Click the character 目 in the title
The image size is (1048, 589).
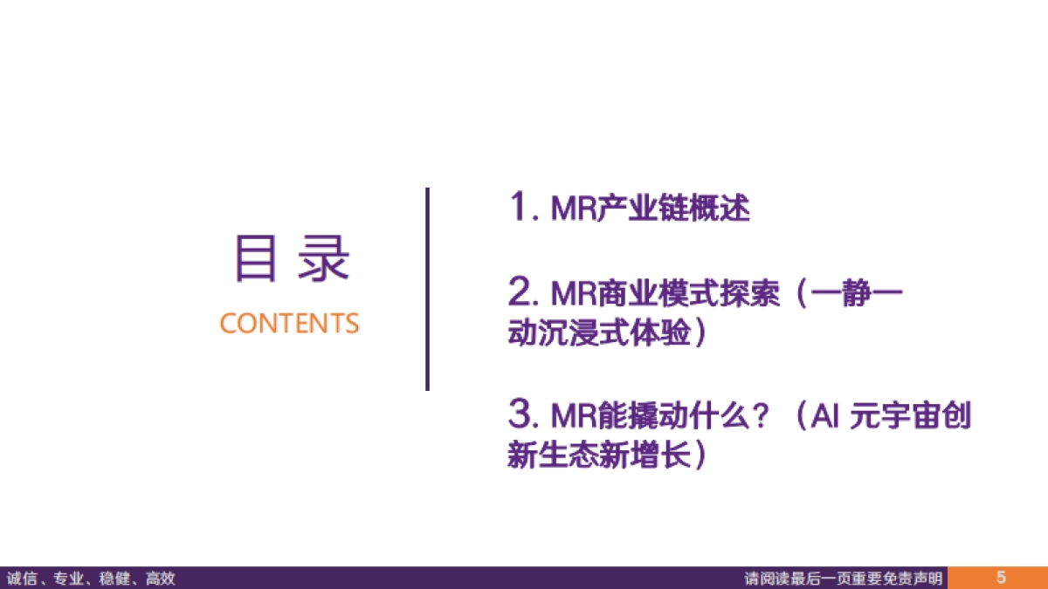(x=255, y=258)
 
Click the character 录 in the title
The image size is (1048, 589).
(x=323, y=258)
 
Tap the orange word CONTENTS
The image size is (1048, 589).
(x=289, y=324)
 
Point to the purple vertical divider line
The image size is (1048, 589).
(x=427, y=289)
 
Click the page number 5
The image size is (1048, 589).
(x=1002, y=578)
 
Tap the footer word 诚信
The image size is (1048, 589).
(x=20, y=578)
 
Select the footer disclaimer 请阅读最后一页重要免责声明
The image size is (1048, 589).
(x=843, y=578)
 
